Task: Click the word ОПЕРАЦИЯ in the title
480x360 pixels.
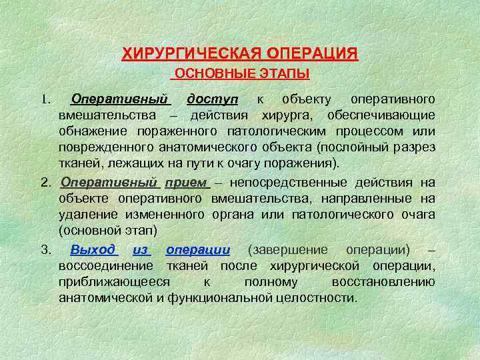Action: (x=311, y=53)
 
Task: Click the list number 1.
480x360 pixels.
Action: (x=44, y=100)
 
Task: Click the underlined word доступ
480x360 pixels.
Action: (x=212, y=99)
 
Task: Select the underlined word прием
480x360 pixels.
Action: (x=186, y=183)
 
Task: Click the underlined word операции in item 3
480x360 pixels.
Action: (x=198, y=249)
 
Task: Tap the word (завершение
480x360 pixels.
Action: (x=287, y=249)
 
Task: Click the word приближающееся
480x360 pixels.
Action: (x=114, y=281)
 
